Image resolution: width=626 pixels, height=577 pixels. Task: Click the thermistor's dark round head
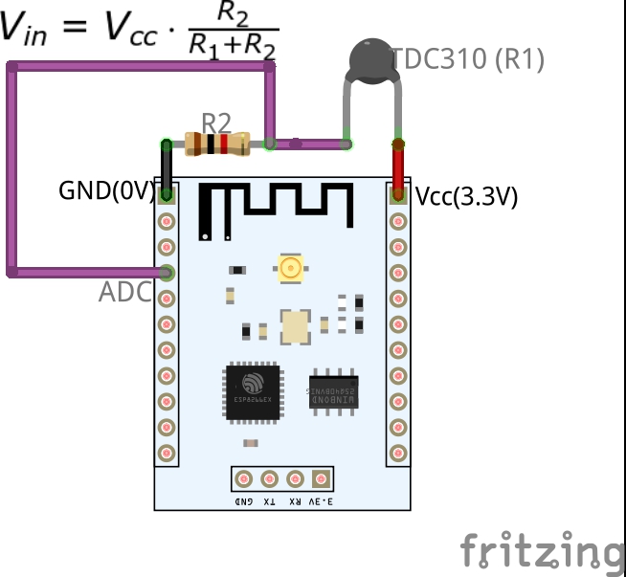[x=370, y=58]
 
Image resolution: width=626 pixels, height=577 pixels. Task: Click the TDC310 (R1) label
[x=468, y=59]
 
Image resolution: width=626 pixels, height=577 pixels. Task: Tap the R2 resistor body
[x=218, y=144]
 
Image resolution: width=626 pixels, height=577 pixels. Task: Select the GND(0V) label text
[x=106, y=190]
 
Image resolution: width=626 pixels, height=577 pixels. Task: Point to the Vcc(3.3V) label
[x=466, y=197]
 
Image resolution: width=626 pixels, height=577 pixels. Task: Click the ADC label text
[x=124, y=293]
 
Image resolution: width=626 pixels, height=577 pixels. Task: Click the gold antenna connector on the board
[x=290, y=268]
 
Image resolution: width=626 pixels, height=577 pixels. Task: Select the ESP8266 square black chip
[x=253, y=390]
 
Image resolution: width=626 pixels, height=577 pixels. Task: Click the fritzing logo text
[x=542, y=551]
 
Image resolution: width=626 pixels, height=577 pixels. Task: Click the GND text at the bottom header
[x=244, y=500]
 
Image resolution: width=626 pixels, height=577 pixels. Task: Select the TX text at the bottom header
[x=270, y=500]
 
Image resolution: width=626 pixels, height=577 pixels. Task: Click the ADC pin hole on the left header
[x=168, y=272]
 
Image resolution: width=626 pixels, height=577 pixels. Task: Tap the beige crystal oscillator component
[x=295, y=327]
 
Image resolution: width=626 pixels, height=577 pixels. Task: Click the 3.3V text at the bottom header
[x=323, y=500]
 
